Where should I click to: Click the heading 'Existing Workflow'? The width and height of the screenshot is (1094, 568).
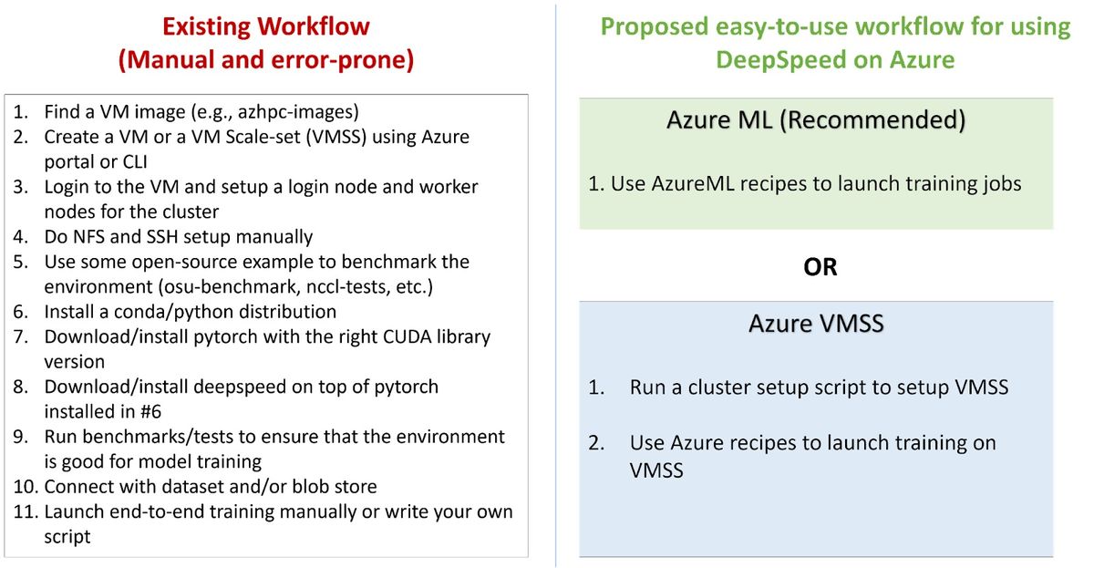click(266, 26)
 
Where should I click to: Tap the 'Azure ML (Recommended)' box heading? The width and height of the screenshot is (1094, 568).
click(816, 120)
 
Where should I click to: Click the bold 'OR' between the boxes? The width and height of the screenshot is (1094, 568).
click(820, 267)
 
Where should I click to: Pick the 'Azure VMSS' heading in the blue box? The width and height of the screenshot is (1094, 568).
click(816, 324)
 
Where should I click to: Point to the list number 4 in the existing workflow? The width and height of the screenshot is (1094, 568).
click(20, 237)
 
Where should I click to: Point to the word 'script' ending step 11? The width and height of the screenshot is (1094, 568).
click(67, 537)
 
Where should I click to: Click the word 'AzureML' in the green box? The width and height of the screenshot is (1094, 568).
click(693, 184)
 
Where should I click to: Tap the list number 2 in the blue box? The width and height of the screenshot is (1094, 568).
click(596, 443)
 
